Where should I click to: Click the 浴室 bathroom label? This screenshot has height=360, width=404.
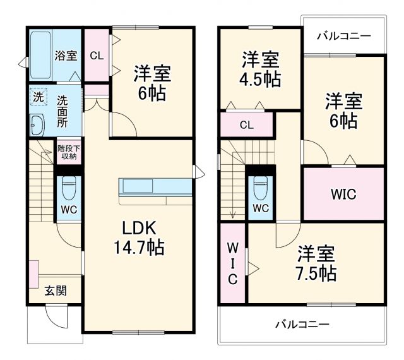click(x=66, y=56)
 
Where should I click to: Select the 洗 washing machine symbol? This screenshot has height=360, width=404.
click(x=39, y=99)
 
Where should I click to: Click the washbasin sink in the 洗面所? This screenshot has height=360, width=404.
click(x=37, y=125)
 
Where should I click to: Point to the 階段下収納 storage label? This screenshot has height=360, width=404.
click(x=68, y=152)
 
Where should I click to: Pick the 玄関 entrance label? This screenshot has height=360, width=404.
click(x=55, y=291)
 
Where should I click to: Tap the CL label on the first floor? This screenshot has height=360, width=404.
click(x=97, y=55)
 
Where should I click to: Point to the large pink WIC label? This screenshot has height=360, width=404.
click(x=343, y=195)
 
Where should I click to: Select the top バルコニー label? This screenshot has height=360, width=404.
click(x=343, y=36)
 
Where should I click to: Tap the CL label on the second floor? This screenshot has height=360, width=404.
click(x=246, y=124)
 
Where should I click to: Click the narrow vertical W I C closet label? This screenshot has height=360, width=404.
click(x=232, y=263)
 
